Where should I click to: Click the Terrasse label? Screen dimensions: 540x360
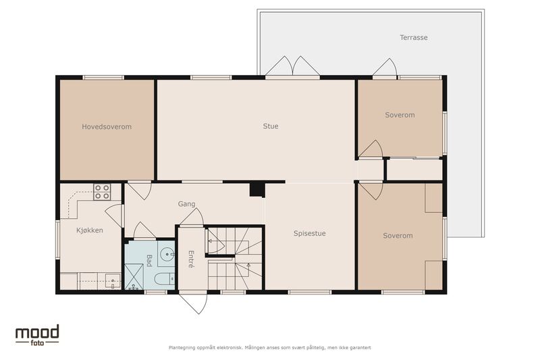click(414, 37)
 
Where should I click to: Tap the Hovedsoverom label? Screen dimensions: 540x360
click(107, 126)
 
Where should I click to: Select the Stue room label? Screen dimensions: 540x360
click(271, 126)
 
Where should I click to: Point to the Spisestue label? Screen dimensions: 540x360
click(309, 233)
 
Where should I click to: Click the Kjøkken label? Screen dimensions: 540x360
click(90, 230)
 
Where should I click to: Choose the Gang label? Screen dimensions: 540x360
click(186, 204)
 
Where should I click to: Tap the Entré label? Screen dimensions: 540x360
click(191, 259)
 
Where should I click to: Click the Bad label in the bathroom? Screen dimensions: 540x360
click(148, 261)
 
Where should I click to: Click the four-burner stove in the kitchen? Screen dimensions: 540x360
click(103, 192)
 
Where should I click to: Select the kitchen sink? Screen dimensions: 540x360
click(113, 281)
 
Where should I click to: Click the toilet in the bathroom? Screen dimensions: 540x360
click(165, 279)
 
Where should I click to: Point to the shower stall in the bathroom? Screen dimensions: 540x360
click(134, 277)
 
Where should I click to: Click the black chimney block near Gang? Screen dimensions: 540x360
click(257, 190)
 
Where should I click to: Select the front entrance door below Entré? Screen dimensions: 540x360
click(193, 303)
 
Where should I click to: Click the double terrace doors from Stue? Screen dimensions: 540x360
click(292, 66)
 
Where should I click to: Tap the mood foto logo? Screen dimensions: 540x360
click(37, 335)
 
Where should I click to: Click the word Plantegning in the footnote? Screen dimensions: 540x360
click(182, 348)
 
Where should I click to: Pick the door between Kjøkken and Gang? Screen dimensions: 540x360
click(114, 215)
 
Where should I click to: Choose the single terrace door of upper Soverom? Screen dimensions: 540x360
click(385, 67)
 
